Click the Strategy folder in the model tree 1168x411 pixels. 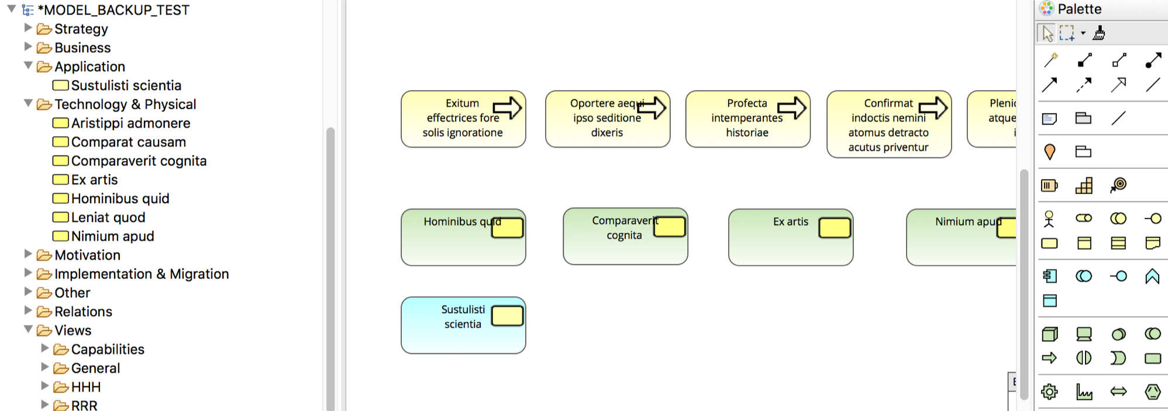[x=81, y=29]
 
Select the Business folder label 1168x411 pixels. [x=82, y=47]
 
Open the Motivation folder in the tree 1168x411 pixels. [x=87, y=255]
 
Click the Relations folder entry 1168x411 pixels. [x=83, y=311]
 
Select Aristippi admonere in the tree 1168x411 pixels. [x=130, y=123]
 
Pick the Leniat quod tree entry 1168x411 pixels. [x=108, y=217]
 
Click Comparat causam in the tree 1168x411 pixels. [x=128, y=142]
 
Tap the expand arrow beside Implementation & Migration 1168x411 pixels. [x=28, y=273]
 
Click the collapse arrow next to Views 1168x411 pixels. [x=28, y=330]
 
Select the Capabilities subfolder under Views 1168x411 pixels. [x=107, y=350]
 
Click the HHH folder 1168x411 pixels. [x=85, y=387]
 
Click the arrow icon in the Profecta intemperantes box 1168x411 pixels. [x=791, y=108]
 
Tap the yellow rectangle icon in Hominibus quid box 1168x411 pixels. [x=507, y=228]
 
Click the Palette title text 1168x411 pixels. [x=1079, y=9]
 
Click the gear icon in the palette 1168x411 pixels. [x=1050, y=392]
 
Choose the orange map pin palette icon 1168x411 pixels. [x=1050, y=152]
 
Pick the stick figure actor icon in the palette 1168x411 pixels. [x=1049, y=218]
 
